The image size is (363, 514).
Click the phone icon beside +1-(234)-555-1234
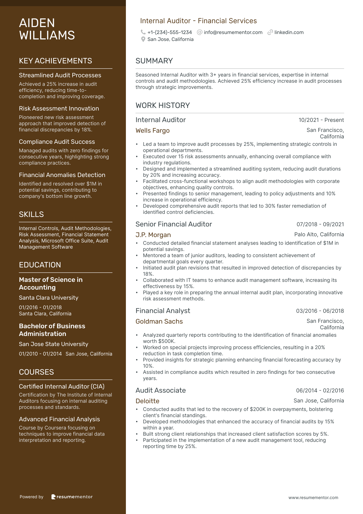click(x=143, y=32)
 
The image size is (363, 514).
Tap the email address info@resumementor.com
click(x=233, y=32)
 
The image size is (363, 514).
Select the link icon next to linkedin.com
click(x=270, y=32)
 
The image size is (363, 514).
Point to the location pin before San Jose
click(x=143, y=39)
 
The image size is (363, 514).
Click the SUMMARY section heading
click(x=154, y=61)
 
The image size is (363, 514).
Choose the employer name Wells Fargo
click(x=152, y=131)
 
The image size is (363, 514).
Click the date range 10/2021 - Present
click(x=321, y=120)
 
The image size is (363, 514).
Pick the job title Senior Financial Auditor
click(x=174, y=224)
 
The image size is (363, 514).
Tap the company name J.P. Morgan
click(x=153, y=235)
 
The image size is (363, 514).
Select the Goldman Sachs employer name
click(x=159, y=322)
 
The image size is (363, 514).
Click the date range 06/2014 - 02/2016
click(x=320, y=390)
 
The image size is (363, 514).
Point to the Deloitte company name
click(x=147, y=401)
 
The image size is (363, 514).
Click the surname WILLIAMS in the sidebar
click(x=47, y=35)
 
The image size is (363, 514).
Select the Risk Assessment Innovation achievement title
click(x=59, y=108)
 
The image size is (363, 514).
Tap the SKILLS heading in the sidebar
click(x=31, y=214)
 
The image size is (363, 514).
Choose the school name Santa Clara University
click(x=49, y=298)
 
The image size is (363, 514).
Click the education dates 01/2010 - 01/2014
click(x=40, y=354)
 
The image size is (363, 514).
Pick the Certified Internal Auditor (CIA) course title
click(x=62, y=386)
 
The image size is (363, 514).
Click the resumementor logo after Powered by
click(x=72, y=497)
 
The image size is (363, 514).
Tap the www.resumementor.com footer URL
click(x=313, y=498)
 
